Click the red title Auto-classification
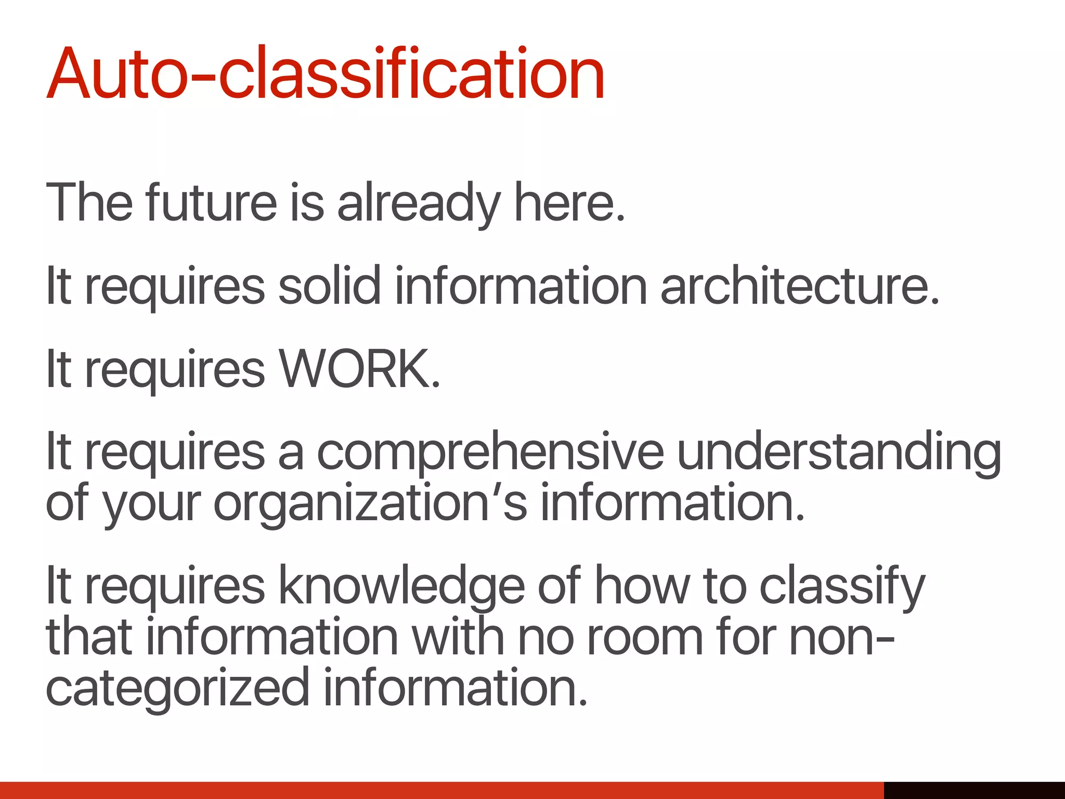tap(326, 74)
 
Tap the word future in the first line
tap(211, 203)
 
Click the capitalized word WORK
tap(359, 368)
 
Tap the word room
tap(645, 638)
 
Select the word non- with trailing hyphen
tap(842, 638)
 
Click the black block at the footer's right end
tap(974, 790)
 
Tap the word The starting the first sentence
tap(89, 203)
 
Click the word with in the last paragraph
tap(458, 637)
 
